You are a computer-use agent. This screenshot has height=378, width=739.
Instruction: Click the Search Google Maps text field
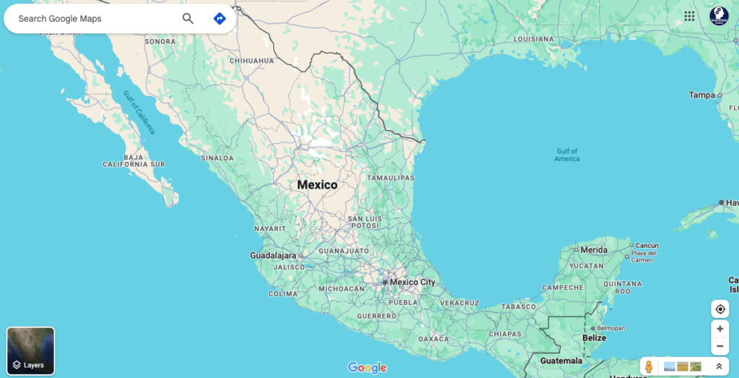87,19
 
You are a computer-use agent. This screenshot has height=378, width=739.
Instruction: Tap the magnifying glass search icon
188,19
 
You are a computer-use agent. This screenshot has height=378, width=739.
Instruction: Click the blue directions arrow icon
220,19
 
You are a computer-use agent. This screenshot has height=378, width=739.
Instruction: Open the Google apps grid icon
689,16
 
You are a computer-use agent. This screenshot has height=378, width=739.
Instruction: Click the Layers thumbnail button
30,351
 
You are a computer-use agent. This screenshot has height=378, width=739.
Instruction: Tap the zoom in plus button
720,328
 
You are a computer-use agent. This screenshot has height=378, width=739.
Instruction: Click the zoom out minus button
720,346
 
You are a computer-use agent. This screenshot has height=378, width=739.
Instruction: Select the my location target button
720,309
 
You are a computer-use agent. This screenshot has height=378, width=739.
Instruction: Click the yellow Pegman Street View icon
649,366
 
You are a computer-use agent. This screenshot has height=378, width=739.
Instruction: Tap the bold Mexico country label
317,185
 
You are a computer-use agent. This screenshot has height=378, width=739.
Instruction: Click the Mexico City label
412,282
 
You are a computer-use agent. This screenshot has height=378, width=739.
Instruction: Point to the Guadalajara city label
273,255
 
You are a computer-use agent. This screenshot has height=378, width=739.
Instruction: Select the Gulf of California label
139,112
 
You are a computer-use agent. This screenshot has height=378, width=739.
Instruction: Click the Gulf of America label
567,155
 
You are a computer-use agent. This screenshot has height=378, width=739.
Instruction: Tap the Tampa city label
701,95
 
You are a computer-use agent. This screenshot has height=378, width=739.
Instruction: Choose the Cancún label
647,245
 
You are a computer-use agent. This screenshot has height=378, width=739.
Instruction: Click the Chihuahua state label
252,61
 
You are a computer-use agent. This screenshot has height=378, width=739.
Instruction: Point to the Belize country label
594,338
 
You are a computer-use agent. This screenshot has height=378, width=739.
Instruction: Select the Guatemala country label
561,360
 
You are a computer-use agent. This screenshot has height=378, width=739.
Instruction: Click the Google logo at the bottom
367,367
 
